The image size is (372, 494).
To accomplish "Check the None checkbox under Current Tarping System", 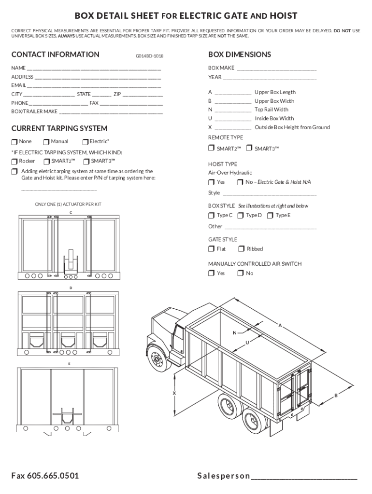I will click(x=14, y=142).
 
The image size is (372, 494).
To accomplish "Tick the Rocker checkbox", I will click(x=14, y=162).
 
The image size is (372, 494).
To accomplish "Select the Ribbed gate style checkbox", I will click(x=241, y=249).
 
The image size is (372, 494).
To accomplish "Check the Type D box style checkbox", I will click(x=240, y=216).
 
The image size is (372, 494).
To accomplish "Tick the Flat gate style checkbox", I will click(x=211, y=249).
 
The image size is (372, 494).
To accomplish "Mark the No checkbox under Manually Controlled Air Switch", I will click(x=240, y=274).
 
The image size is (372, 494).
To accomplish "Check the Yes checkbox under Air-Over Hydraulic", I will click(x=211, y=182).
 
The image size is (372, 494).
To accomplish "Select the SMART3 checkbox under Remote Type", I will click(x=249, y=148).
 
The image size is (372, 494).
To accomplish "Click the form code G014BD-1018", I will click(x=149, y=56).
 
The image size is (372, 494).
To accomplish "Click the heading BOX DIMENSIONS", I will click(x=239, y=55).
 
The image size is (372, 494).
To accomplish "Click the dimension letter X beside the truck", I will click(x=174, y=394).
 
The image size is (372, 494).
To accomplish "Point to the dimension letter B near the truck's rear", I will click(x=335, y=396).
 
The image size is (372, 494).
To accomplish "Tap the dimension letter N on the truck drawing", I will click(x=235, y=333).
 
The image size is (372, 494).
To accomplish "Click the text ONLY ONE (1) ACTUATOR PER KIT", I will click(x=68, y=205).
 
